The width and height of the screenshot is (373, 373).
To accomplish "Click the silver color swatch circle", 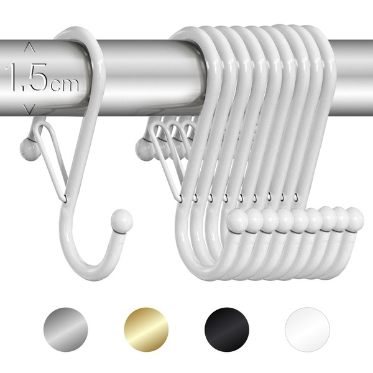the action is [x=66, y=329].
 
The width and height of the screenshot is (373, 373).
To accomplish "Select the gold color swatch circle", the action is [x=146, y=329].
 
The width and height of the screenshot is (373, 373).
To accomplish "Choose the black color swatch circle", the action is [x=227, y=329].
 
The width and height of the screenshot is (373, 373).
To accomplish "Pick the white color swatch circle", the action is [x=307, y=329].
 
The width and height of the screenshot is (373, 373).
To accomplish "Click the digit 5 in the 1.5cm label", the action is [x=38, y=77].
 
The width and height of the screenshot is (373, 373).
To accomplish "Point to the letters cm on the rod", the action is [x=64, y=85].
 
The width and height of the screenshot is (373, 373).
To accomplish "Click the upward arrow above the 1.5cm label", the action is [x=29, y=48].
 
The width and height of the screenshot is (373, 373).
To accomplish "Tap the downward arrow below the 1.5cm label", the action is [x=29, y=109].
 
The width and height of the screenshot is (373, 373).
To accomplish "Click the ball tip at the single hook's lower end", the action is [x=122, y=220].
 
